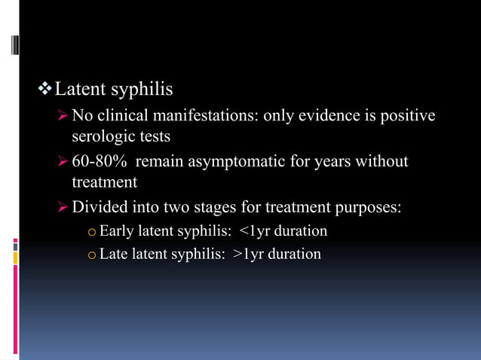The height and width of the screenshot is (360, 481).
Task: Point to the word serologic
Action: click(103, 138)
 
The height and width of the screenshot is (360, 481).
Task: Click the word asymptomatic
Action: click(246, 162)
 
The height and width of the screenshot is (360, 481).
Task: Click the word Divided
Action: click(100, 207)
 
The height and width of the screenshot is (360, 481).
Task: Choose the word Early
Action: click(116, 230)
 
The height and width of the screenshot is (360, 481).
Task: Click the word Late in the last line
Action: click(114, 255)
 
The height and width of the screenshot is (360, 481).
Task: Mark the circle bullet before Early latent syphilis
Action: click(91, 232)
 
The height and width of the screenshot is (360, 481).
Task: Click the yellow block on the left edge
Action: click(15, 258)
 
